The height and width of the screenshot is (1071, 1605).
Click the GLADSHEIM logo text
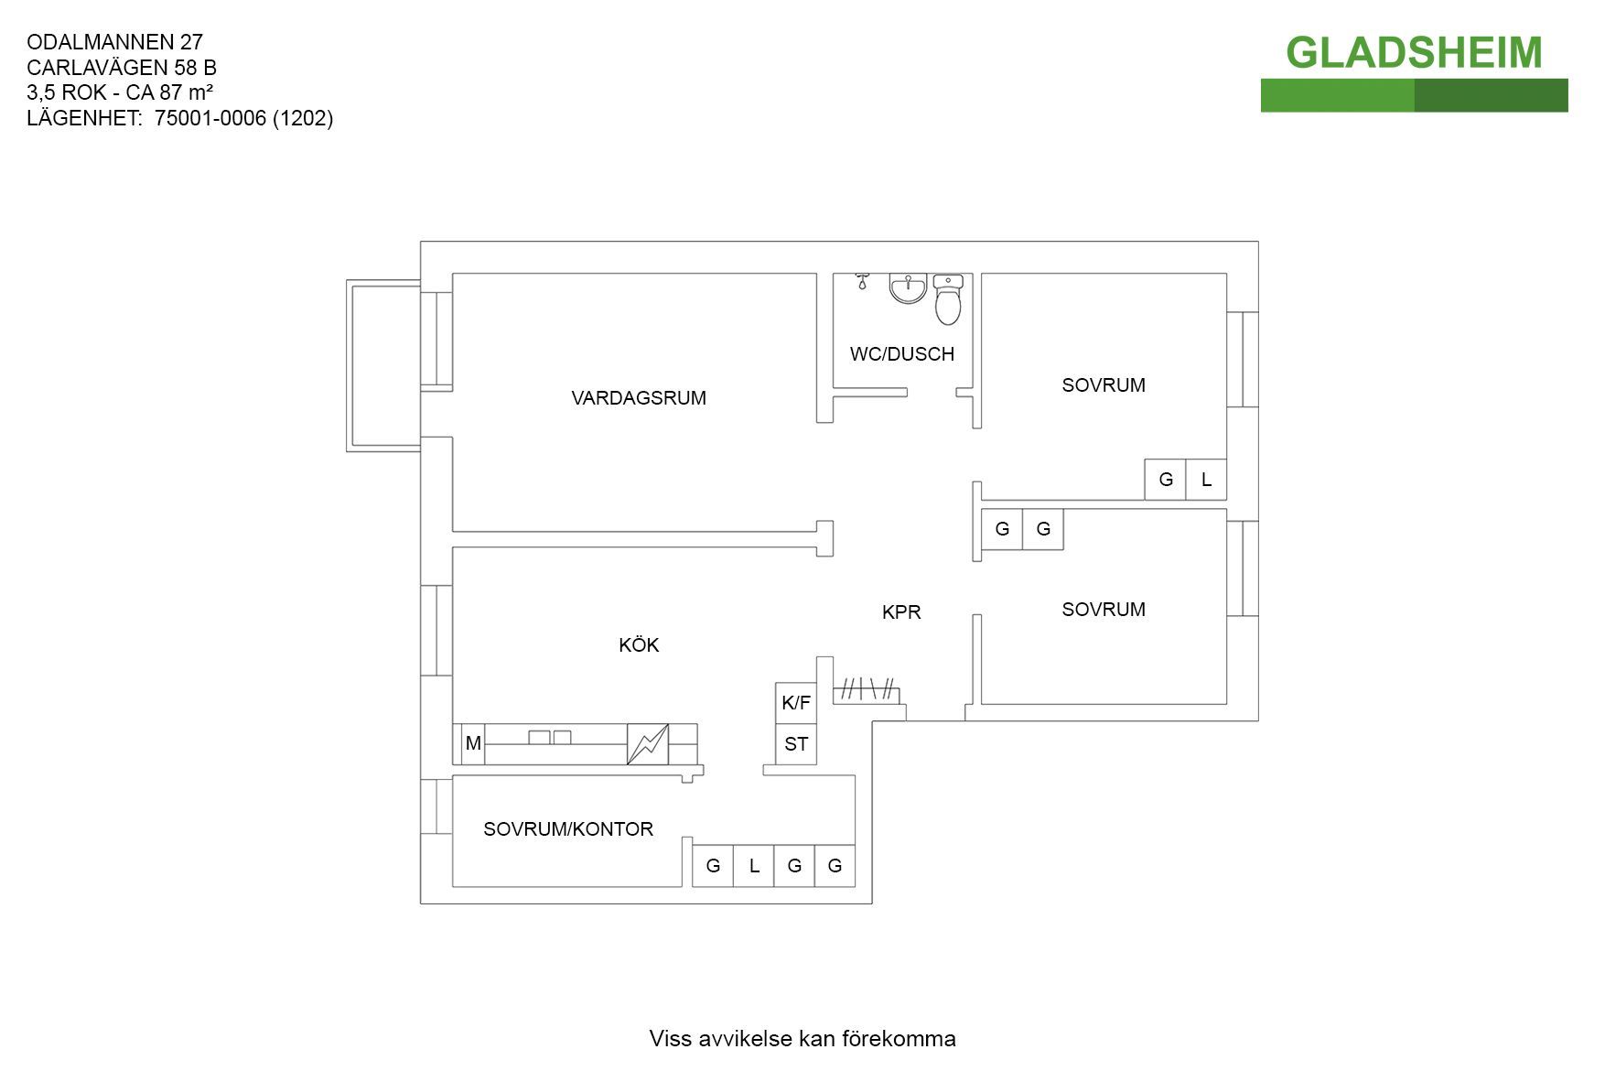tap(1414, 53)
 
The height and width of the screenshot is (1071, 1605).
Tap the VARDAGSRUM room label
tap(639, 398)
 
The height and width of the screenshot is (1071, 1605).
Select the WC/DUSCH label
tap(902, 354)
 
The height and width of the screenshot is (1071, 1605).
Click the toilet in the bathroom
tap(948, 299)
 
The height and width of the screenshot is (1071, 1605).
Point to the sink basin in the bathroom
tap(908, 288)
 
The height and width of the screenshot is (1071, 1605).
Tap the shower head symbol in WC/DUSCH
tap(861, 280)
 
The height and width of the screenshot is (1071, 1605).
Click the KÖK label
tap(639, 645)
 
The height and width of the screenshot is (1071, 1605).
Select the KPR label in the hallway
tap(901, 612)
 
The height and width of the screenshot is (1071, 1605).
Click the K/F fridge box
tap(796, 703)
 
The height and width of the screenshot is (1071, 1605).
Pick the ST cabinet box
tap(796, 744)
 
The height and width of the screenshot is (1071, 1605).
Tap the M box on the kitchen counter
tap(473, 743)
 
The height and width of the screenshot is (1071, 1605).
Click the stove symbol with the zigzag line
tap(648, 744)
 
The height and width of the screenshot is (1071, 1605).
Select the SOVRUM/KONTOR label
tap(568, 829)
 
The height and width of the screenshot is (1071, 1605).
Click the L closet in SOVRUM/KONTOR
tap(754, 866)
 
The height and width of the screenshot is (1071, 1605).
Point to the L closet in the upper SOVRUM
tap(1206, 480)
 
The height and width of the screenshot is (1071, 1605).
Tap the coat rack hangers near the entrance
tap(867, 689)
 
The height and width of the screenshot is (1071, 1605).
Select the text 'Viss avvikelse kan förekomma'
tap(802, 1039)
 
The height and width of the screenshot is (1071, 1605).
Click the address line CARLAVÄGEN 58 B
tap(122, 68)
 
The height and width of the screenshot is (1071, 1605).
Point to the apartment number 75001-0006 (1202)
tap(244, 118)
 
